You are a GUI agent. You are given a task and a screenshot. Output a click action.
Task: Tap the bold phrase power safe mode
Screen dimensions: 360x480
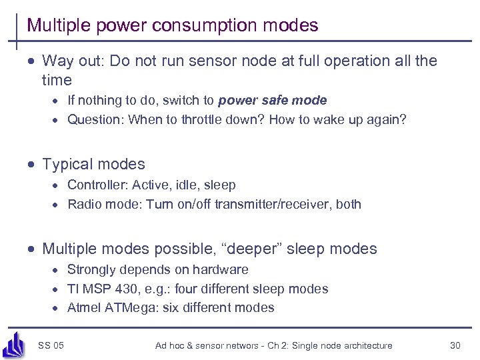pos(273,101)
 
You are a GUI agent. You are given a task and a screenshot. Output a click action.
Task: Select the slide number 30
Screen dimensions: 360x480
pos(456,345)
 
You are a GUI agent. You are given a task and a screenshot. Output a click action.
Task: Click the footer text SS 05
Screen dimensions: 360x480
pos(51,345)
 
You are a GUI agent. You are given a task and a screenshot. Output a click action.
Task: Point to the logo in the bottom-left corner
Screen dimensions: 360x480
pos(14,343)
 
